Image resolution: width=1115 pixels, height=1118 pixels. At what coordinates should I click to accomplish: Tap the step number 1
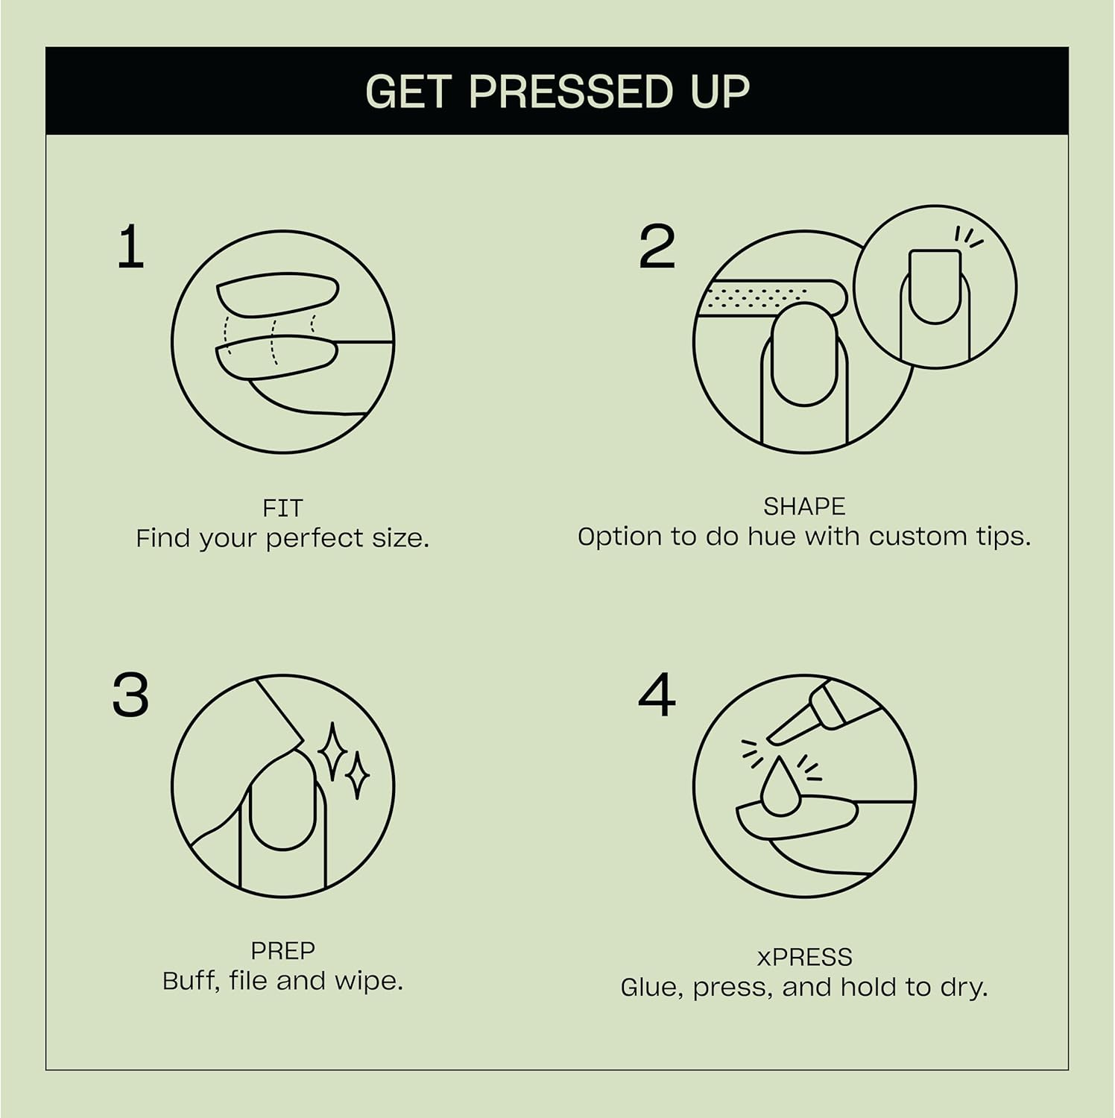[130, 248]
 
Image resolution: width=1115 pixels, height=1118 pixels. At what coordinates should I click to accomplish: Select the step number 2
[657, 247]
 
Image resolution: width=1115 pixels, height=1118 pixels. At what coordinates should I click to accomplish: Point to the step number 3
[130, 695]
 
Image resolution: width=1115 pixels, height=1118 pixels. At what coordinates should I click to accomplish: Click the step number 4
[657, 695]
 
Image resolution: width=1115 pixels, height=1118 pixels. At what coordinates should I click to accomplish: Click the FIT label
[282, 508]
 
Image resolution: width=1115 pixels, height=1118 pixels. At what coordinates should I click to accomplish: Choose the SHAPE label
[803, 507]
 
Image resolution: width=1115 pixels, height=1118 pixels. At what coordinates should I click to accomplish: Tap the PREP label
[282, 950]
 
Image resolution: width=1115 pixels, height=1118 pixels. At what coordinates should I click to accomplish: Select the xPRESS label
[803, 957]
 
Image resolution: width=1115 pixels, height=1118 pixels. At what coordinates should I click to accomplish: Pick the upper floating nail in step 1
[278, 294]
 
